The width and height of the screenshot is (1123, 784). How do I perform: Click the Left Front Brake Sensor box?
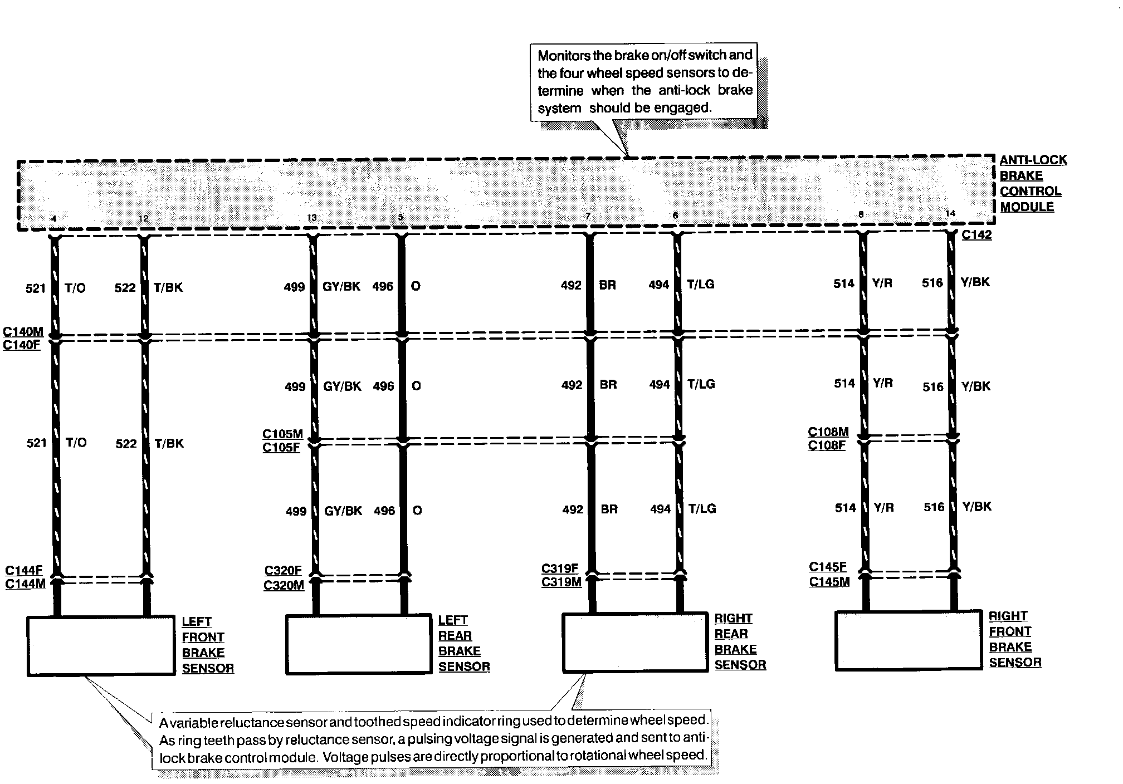(x=101, y=645)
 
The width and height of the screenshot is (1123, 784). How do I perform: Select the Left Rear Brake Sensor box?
(x=358, y=644)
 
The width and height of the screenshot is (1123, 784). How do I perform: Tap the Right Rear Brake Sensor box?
(x=635, y=642)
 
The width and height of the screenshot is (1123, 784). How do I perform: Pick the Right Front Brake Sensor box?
(x=908, y=640)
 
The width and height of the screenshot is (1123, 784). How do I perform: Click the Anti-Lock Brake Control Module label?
(x=1032, y=183)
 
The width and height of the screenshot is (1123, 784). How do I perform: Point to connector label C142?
(x=976, y=235)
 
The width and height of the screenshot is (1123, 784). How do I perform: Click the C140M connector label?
(x=23, y=332)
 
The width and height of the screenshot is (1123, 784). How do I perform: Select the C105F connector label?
(x=281, y=447)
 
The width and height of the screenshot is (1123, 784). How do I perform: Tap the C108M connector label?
(x=828, y=432)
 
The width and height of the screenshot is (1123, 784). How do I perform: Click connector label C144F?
(x=24, y=570)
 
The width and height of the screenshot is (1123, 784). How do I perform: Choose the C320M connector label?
(x=284, y=585)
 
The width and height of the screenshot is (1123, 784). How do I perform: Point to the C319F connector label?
(x=560, y=569)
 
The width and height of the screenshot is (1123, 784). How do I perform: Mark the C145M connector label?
(x=829, y=582)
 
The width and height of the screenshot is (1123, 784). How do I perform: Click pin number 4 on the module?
(x=53, y=219)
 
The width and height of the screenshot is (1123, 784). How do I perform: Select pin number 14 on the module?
(x=950, y=213)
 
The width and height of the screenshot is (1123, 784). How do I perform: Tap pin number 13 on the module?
(x=311, y=218)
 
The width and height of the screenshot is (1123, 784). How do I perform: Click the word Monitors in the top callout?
(x=561, y=56)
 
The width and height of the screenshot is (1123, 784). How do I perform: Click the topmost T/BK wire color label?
(x=168, y=288)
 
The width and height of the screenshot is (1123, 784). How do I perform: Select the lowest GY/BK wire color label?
(x=343, y=511)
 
